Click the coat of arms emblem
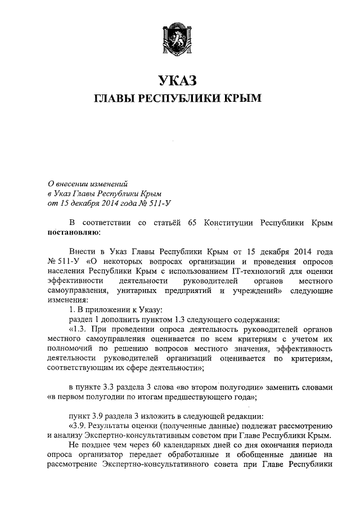point(179,35)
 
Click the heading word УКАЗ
point(179,81)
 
